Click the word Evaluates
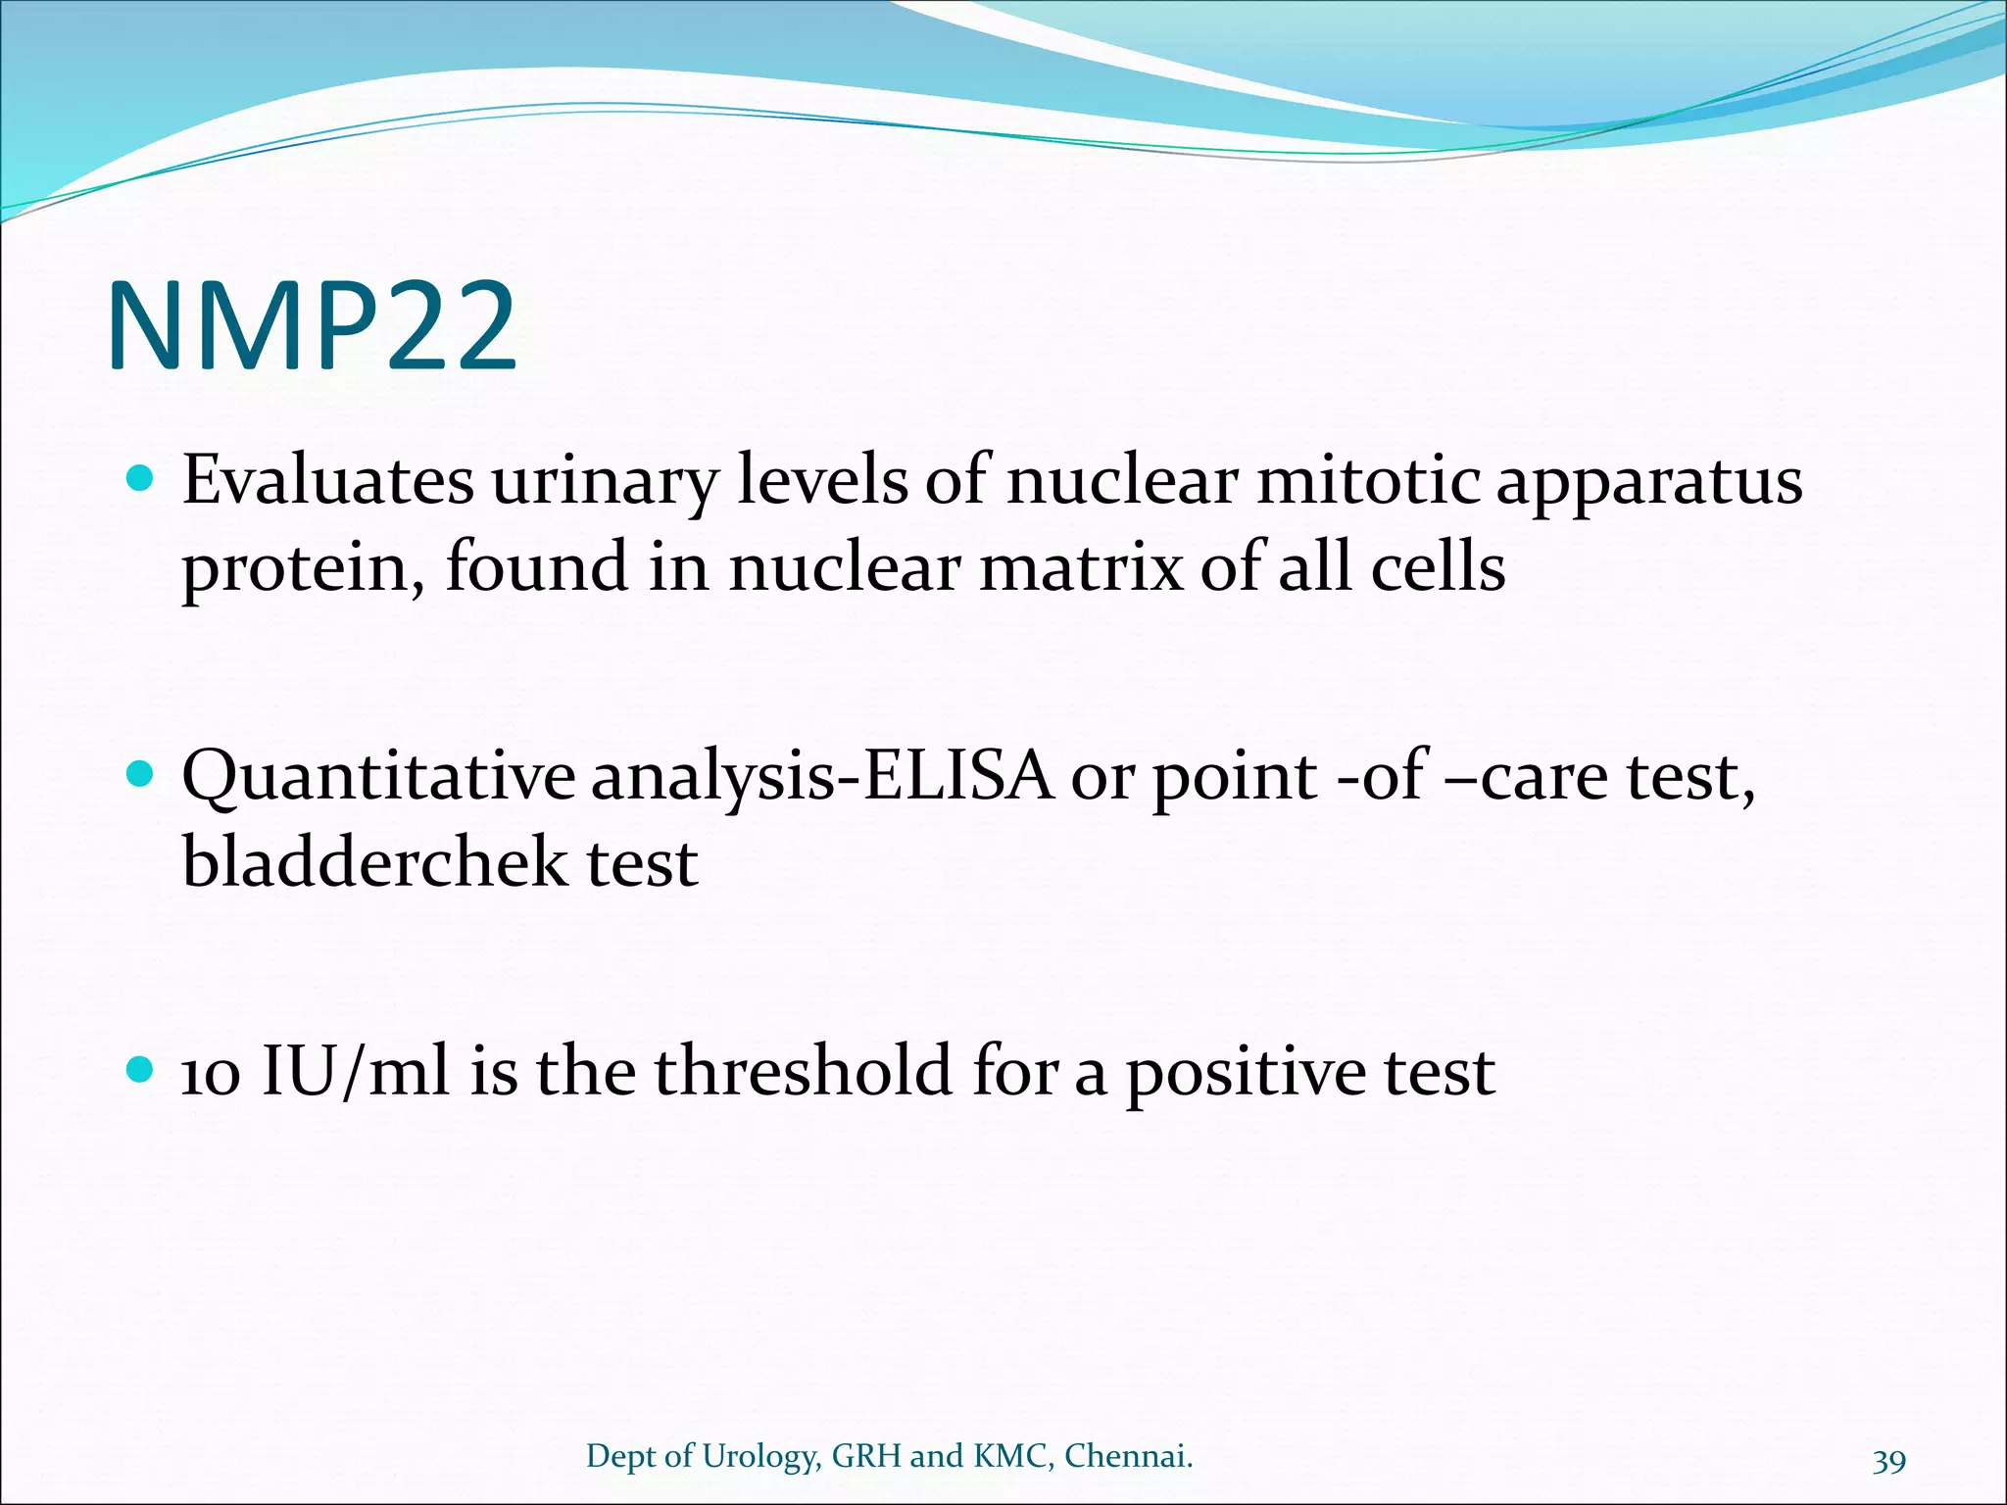[327, 482]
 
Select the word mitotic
[1368, 482]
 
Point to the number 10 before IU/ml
[211, 1073]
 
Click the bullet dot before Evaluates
[141, 480]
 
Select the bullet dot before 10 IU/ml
[141, 1070]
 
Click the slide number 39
[1888, 1461]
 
